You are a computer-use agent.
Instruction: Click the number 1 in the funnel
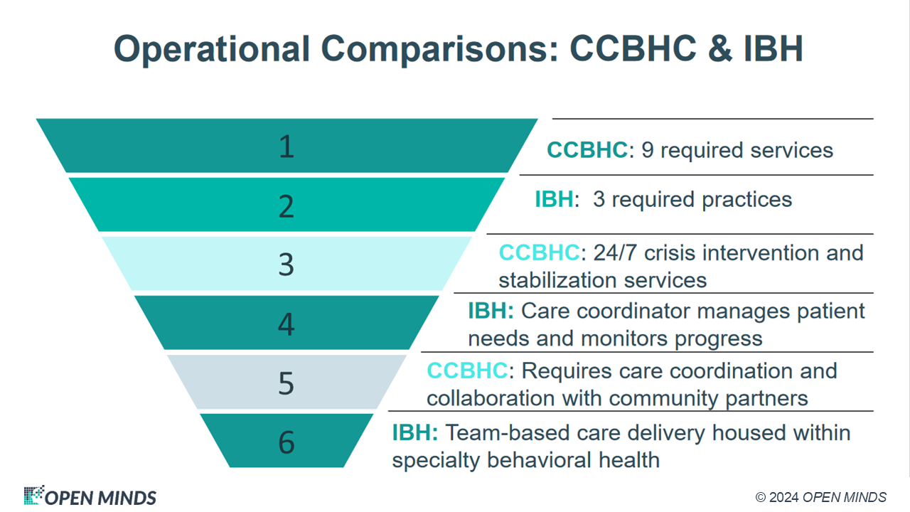[x=287, y=146]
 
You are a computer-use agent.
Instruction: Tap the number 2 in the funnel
[x=287, y=206]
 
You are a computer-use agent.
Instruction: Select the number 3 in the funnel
[x=287, y=265]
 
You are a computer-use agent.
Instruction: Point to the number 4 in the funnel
[x=287, y=324]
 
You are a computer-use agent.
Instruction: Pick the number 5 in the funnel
[x=287, y=383]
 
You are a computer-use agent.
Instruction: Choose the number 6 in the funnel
[x=287, y=442]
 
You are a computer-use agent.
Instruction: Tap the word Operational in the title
[x=212, y=50]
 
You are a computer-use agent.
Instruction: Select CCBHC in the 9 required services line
[x=587, y=150]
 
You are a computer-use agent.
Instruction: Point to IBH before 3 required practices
[x=554, y=199]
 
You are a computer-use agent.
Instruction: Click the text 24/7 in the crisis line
[x=615, y=252]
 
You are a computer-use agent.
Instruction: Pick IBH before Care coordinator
[x=491, y=311]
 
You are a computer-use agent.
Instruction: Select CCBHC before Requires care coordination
[x=467, y=370]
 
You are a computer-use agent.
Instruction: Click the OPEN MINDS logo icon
[x=33, y=495]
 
